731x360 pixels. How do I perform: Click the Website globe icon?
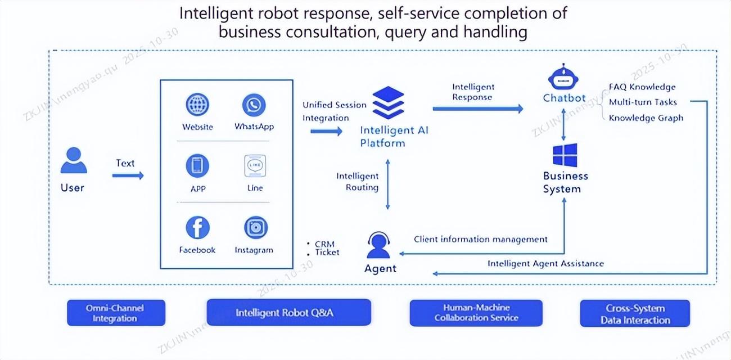[197, 105]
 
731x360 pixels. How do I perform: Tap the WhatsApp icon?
[254, 105]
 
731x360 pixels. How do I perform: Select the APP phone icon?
[197, 166]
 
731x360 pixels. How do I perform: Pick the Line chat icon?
[255, 166]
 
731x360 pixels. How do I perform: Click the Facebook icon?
[197, 228]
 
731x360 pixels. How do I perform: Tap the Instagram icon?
[255, 228]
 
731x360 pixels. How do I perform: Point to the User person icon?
[73, 160]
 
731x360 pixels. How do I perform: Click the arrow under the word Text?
[128, 175]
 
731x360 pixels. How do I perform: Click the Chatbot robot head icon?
[563, 76]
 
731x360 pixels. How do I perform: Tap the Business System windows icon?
[565, 155]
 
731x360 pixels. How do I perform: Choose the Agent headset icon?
[379, 246]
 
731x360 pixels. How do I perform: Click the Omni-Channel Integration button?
[116, 313]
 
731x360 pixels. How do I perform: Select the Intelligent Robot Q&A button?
[288, 312]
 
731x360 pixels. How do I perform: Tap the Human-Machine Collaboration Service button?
[476, 313]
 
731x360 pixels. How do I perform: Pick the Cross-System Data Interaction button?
[635, 314]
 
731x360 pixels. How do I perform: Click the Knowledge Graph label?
[646, 118]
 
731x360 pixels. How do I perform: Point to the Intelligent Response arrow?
[477, 109]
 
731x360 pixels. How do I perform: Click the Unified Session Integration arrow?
[326, 131]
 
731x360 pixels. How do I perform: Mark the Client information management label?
[480, 239]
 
